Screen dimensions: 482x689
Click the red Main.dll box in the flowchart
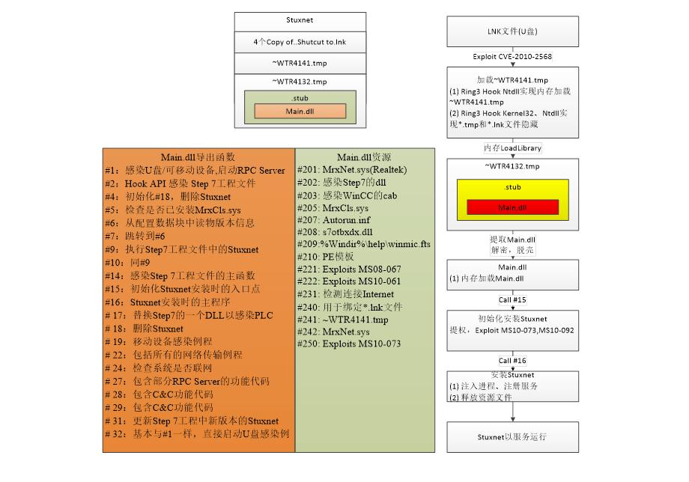pyautogui.click(x=512, y=207)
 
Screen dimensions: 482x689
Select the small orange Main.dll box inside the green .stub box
pyautogui.click(x=300, y=112)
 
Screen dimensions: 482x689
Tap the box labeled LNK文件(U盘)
pyautogui.click(x=512, y=31)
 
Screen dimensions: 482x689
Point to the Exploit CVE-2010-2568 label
pyautogui.click(x=512, y=57)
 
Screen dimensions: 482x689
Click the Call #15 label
pyautogui.click(x=512, y=299)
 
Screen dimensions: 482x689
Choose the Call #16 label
pyautogui.click(x=512, y=360)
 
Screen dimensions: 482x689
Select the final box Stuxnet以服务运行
pyautogui.click(x=512, y=437)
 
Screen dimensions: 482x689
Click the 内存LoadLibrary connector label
pyautogui.click(x=512, y=148)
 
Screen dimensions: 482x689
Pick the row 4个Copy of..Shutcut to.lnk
pyautogui.click(x=300, y=43)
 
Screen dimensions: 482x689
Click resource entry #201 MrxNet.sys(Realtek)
pyautogui.click(x=352, y=170)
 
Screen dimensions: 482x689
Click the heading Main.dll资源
pyautogui.click(x=363, y=157)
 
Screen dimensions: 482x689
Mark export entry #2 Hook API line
pyautogui.click(x=191, y=183)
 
